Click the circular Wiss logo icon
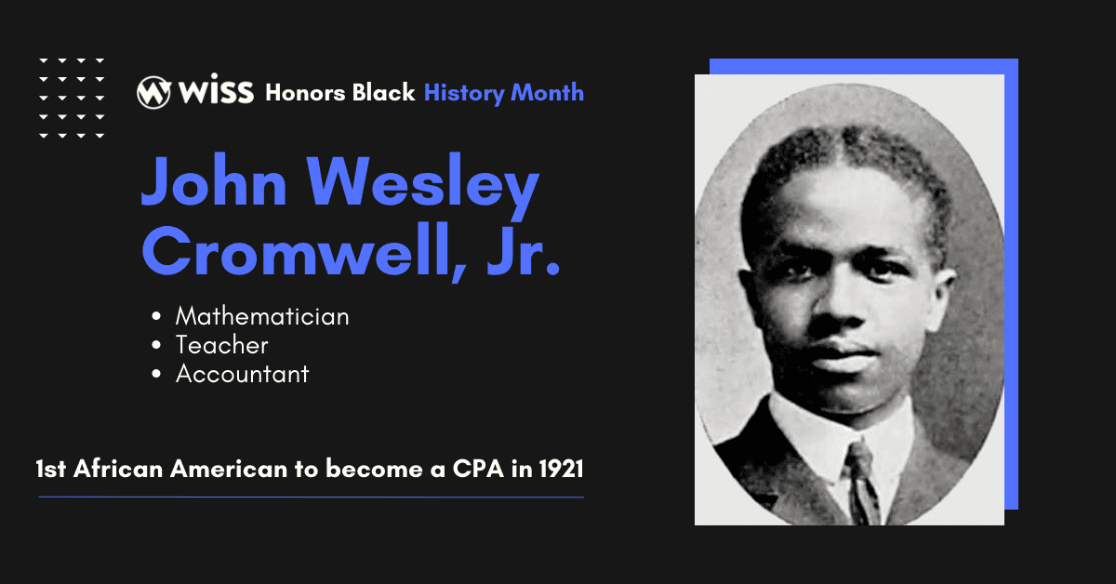(153, 92)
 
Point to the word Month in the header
(548, 93)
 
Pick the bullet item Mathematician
(262, 316)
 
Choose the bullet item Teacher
(221, 345)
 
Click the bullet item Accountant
(242, 374)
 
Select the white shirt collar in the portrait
(818, 437)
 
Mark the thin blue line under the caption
(311, 498)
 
